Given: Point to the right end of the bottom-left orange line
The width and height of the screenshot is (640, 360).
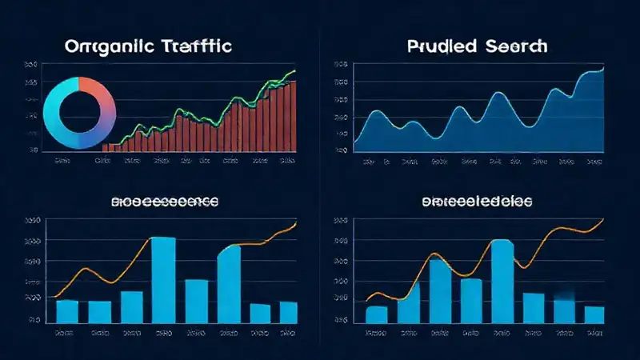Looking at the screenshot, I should click(x=295, y=224).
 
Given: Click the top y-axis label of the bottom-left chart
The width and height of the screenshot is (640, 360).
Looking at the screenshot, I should click(x=32, y=221).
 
